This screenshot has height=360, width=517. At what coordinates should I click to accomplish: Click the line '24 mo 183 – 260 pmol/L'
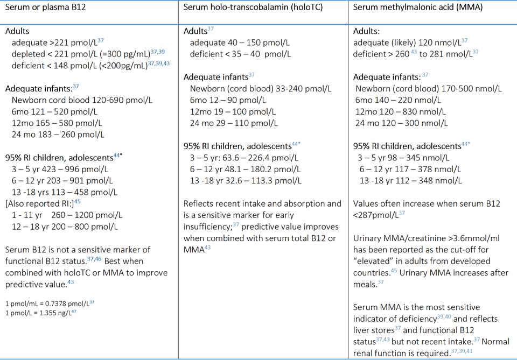(x=58, y=135)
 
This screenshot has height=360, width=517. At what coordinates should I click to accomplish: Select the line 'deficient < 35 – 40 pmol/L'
(x=240, y=54)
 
